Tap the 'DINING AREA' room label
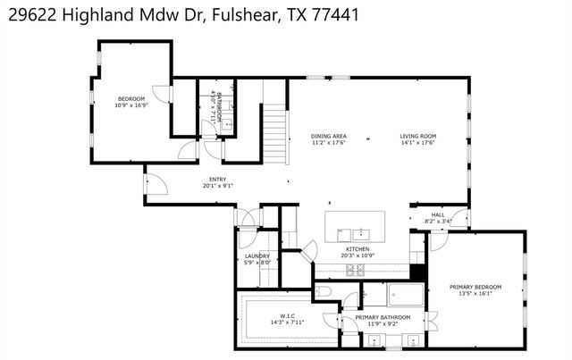tap(329, 136)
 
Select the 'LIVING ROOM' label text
tap(418, 136)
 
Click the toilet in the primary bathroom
tap(324, 291)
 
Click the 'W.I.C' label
tap(287, 314)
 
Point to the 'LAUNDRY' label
tap(257, 255)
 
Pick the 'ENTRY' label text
tap(217, 179)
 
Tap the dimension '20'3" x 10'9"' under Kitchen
tap(357, 255)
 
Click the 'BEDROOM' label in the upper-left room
tap(131, 98)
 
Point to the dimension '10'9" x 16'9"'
tap(131, 105)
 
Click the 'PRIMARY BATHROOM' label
tap(383, 317)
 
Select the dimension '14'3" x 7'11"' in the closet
tap(287, 322)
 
